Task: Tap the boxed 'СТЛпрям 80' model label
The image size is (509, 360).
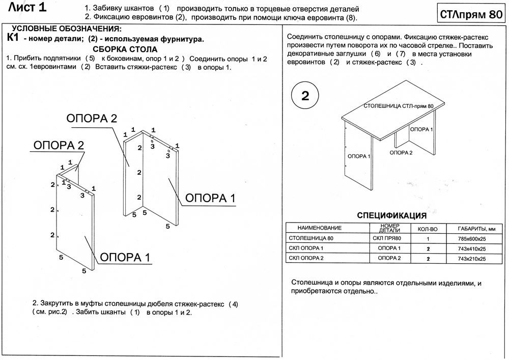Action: point(470,15)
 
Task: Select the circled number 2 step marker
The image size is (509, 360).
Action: point(305,96)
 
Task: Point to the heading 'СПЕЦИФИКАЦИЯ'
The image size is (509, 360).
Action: point(392,215)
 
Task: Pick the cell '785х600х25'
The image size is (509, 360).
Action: point(472,238)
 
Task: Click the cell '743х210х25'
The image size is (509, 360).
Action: point(472,259)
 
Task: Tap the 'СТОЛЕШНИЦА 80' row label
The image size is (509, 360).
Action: point(311,238)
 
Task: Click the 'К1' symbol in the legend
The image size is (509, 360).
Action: point(14,38)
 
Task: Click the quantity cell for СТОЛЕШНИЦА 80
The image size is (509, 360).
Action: point(428,238)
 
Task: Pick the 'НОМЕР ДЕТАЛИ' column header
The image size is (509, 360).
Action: point(389,228)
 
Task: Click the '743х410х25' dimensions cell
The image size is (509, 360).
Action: point(472,248)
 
